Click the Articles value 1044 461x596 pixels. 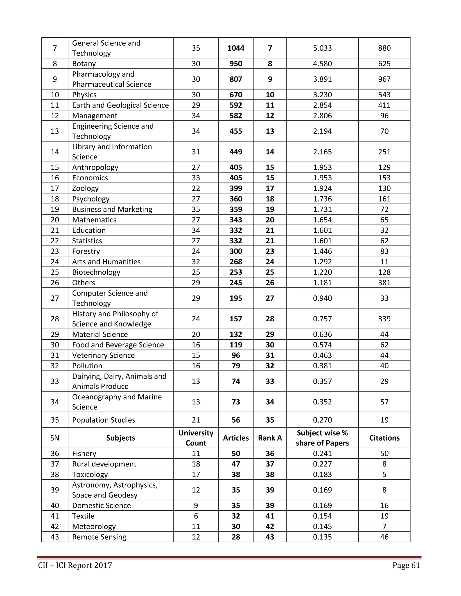coord(236,48)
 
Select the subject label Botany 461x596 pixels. coord(84,64)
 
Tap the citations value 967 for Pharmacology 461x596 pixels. coord(384,79)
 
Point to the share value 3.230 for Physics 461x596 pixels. coord(322,95)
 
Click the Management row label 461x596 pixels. coord(95,116)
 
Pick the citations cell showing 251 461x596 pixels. coord(384,152)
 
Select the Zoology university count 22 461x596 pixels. coord(196,188)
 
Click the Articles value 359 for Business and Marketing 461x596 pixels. coord(236,209)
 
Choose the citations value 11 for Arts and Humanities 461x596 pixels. coord(384,262)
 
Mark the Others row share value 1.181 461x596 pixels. coord(322,283)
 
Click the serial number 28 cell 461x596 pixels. coord(55,319)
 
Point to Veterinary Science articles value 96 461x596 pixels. coord(236,355)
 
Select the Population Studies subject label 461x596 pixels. coord(104,420)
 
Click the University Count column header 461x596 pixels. coord(196,438)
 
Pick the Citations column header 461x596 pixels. coord(384,438)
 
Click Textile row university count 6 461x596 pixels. coord(196,516)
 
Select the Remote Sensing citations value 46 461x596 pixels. coord(384,537)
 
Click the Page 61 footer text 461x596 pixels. coord(406,565)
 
